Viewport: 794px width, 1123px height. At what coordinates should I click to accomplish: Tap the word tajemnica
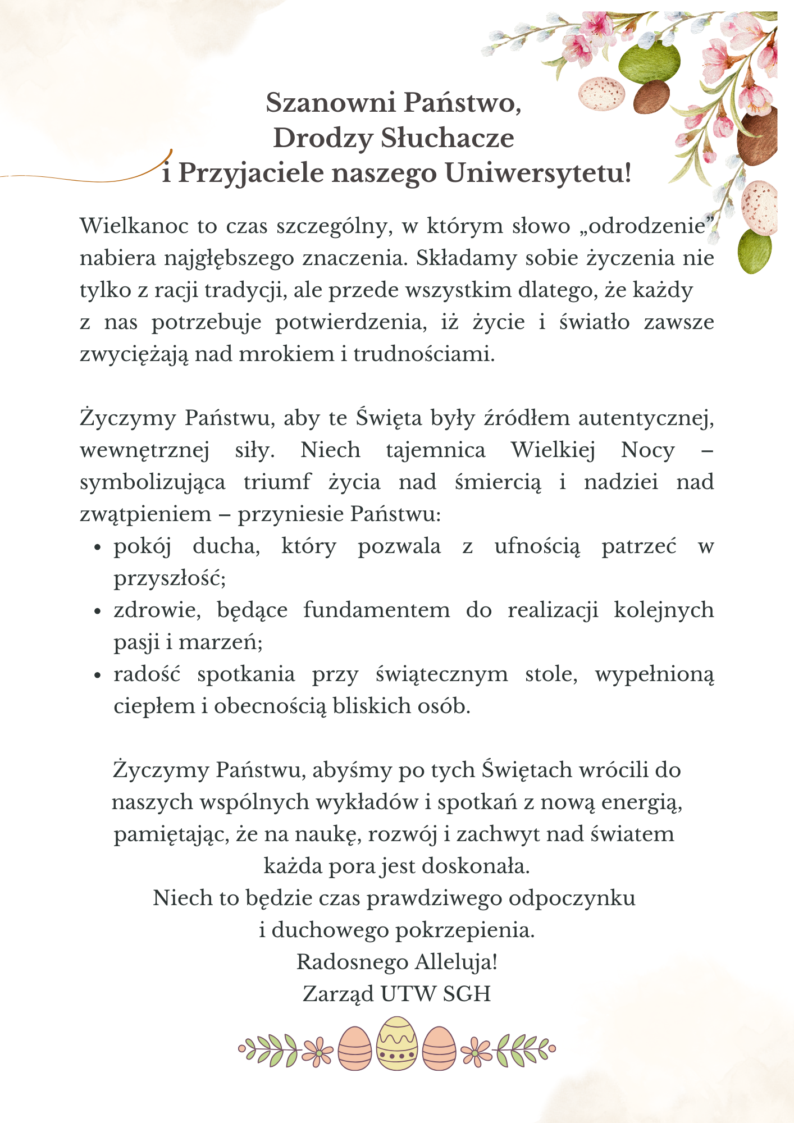point(436,450)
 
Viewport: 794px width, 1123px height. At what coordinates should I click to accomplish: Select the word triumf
point(277,482)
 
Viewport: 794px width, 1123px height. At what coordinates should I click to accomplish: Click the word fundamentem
point(377,610)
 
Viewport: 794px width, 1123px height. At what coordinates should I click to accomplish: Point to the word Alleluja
point(455,962)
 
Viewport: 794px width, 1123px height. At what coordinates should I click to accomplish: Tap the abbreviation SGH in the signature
point(467,994)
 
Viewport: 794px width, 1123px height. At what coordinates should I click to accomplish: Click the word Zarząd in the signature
point(339,994)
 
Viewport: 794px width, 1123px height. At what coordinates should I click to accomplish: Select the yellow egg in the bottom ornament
point(397,1043)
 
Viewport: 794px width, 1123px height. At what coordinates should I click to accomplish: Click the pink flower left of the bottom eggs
point(318,1049)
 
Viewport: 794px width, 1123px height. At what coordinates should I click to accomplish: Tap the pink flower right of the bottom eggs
point(476,1049)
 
